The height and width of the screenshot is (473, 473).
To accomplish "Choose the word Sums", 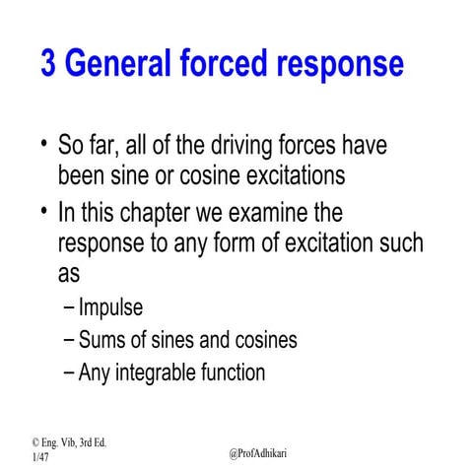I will (x=103, y=341).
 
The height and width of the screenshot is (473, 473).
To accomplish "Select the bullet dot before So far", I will (x=44, y=143).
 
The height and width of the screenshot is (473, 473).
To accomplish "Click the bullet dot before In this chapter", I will (x=44, y=209).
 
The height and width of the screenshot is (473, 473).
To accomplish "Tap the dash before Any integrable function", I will (x=68, y=373).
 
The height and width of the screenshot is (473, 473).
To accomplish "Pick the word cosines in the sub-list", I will (x=264, y=341).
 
